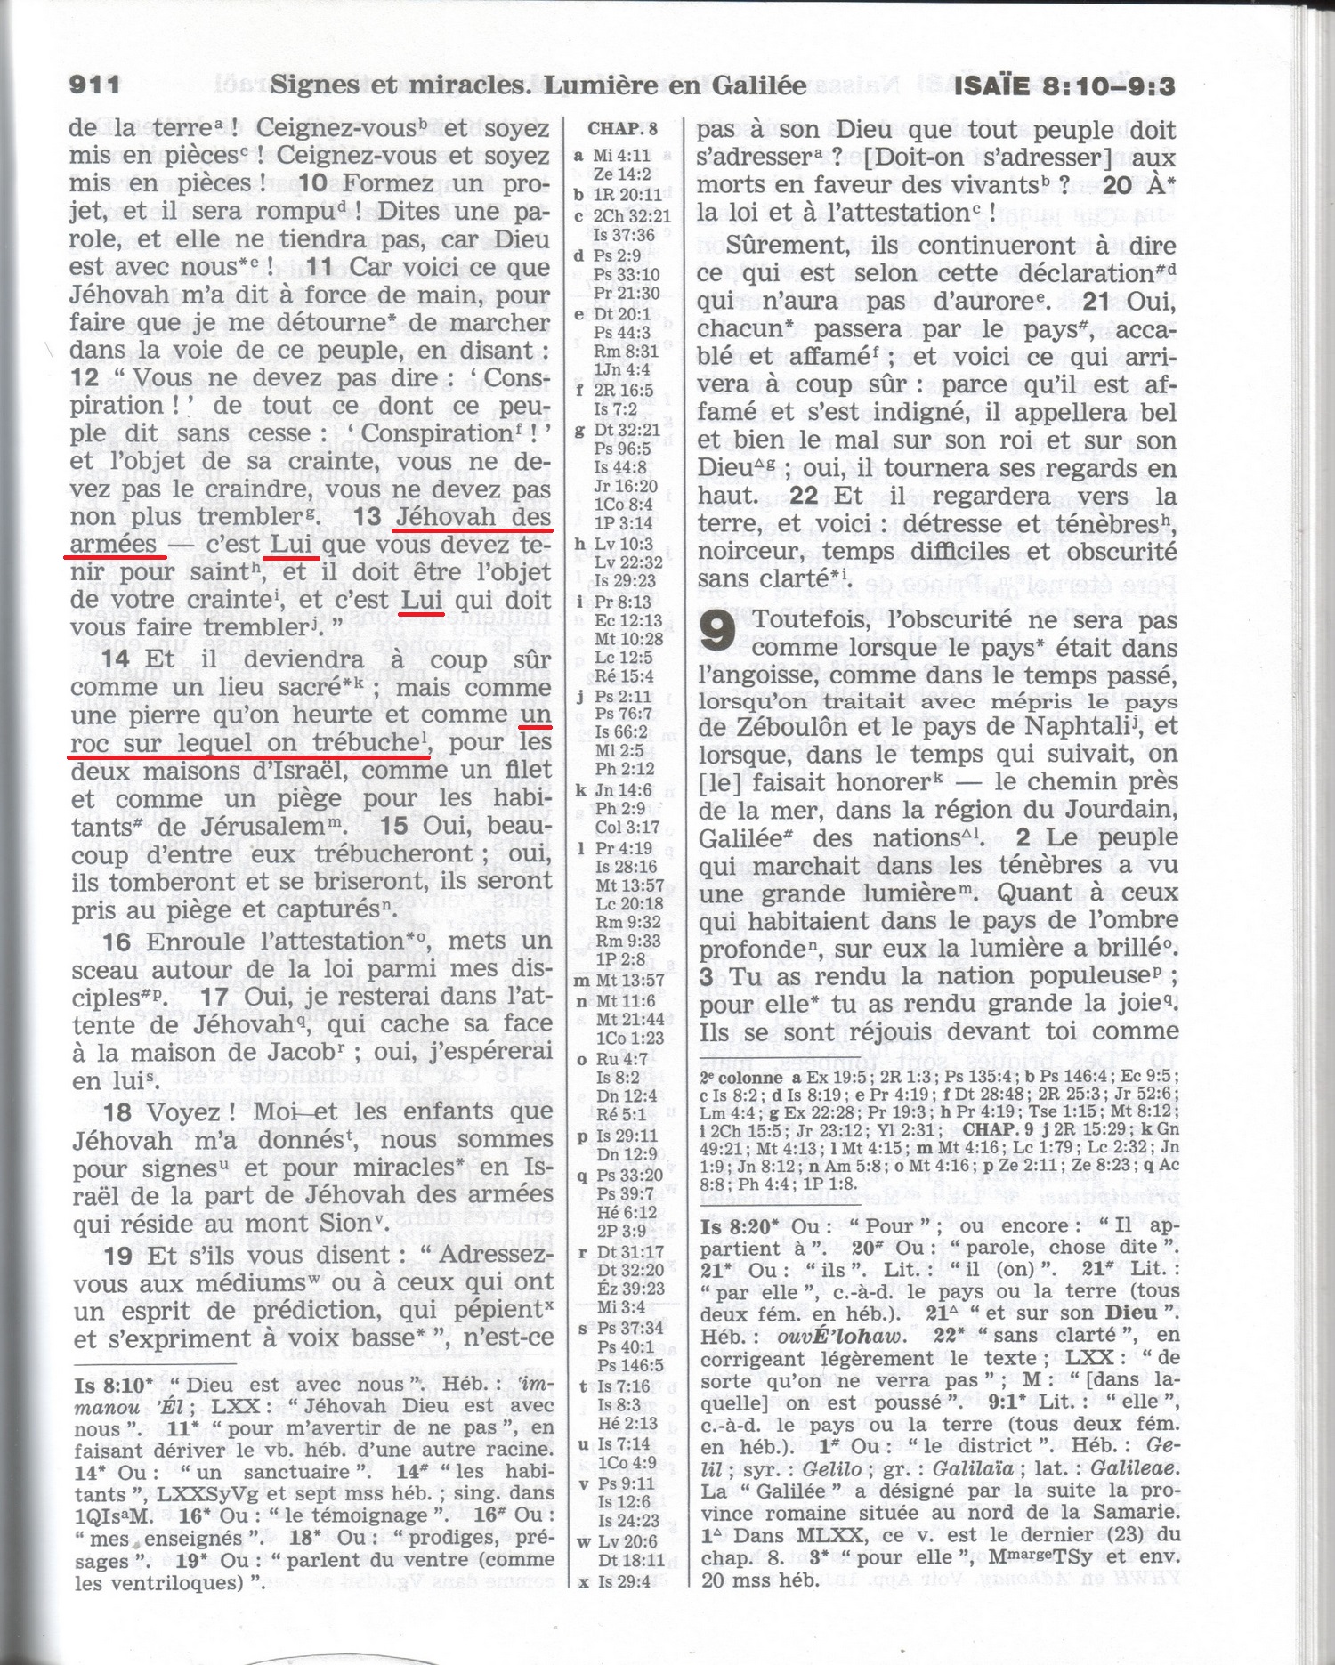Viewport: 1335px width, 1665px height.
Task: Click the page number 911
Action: pos(94,85)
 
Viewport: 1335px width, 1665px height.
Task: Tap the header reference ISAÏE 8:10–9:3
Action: pos(1064,86)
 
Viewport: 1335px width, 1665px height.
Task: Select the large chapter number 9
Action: pos(717,630)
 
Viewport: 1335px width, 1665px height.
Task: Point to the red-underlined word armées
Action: pos(113,544)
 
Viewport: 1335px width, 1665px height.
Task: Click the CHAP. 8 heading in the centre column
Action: pos(623,128)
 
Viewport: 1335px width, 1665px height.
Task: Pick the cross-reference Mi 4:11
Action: pos(622,156)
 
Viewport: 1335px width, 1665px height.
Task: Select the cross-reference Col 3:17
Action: pos(627,828)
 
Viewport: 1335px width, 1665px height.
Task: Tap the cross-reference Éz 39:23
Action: pos(630,1289)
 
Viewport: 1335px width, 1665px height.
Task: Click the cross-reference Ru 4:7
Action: pos(622,1059)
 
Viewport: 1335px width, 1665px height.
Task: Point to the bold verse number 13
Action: pos(367,516)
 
